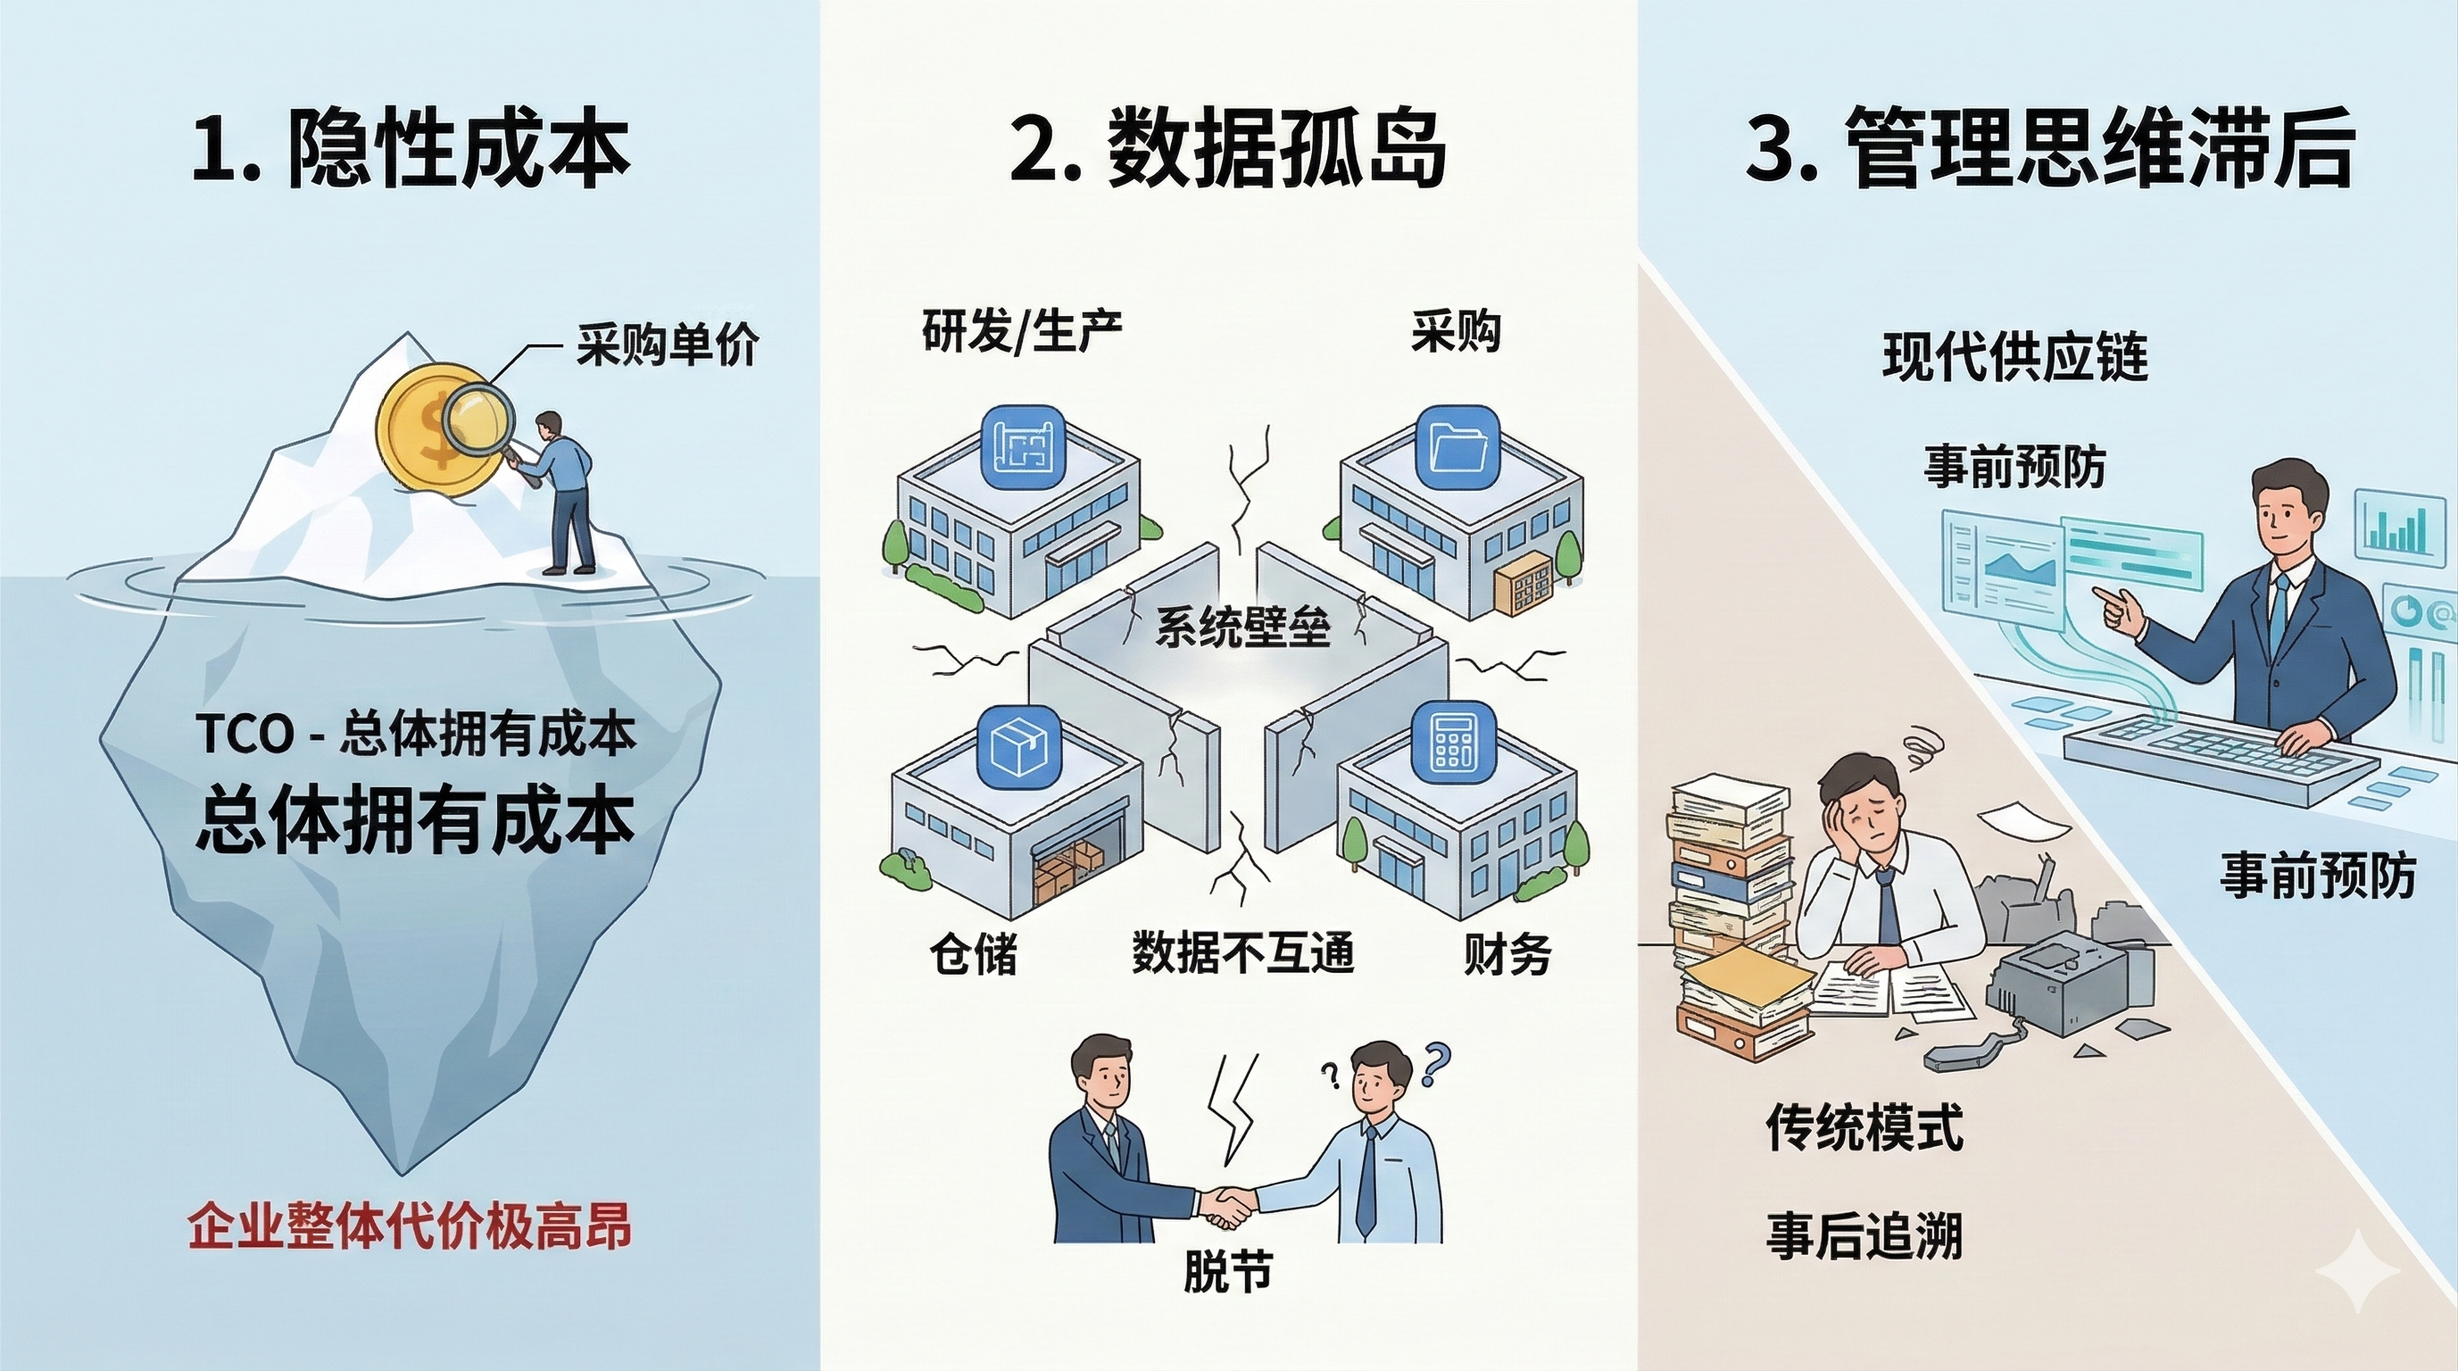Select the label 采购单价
[x=667, y=345]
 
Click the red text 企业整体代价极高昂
[x=410, y=1226]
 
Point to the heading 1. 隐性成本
[x=411, y=152]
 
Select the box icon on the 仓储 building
[x=1020, y=746]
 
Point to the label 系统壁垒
[x=1242, y=627]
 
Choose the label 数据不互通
[x=1243, y=951]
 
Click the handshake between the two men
[x=1225, y=1207]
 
